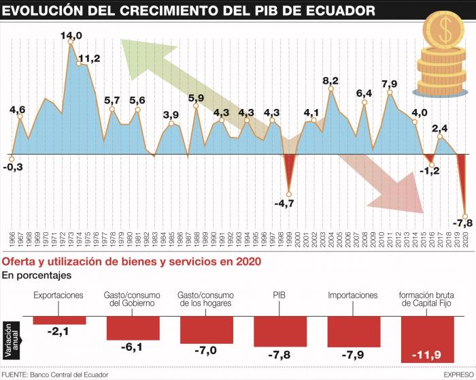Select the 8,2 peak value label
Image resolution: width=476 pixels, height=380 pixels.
330,81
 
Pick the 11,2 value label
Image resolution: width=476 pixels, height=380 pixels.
89,59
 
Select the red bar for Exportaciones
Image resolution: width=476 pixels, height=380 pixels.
60,320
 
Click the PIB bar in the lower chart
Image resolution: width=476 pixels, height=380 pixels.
280,332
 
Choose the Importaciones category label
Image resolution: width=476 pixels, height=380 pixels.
352,296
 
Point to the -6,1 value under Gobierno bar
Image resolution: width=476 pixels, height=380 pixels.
133,347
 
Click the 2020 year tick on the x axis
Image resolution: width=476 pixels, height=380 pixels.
467,241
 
